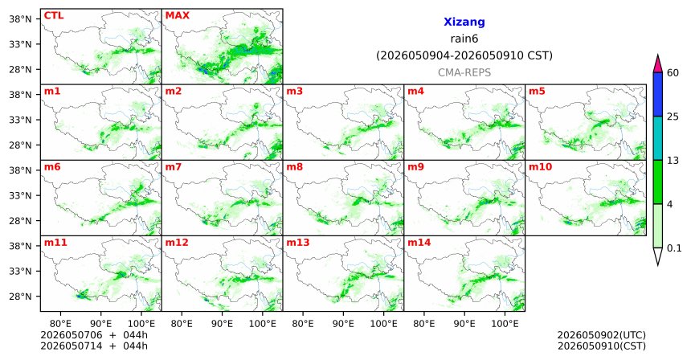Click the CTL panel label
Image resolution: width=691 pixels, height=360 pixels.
pyautogui.click(x=54, y=15)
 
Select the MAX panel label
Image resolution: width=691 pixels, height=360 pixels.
pyautogui.click(x=177, y=15)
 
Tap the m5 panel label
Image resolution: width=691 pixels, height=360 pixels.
pyautogui.click(x=537, y=92)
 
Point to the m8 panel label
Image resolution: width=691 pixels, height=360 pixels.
pyautogui.click(x=295, y=167)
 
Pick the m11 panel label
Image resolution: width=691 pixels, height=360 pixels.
pyautogui.click(x=55, y=243)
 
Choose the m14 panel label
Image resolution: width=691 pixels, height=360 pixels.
pyautogui.click(x=419, y=243)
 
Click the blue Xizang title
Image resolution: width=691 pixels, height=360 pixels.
pyautogui.click(x=464, y=22)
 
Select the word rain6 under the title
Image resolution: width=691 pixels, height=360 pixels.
pyautogui.click(x=464, y=39)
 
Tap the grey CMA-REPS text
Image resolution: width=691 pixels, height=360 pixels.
pyautogui.click(x=464, y=72)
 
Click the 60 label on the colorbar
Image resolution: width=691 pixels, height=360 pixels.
pyautogui.click(x=673, y=72)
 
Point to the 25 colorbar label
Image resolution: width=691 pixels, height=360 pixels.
pyautogui.click(x=673, y=117)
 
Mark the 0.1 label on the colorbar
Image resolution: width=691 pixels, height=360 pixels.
pyautogui.click(x=674, y=248)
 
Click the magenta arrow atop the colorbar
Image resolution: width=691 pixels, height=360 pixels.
pyautogui.click(x=657, y=64)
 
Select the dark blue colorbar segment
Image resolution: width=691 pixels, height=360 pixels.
pyautogui.click(x=657, y=94)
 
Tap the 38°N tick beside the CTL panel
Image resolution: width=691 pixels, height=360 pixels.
pyautogui.click(x=20, y=19)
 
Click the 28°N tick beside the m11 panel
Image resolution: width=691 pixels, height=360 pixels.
pyautogui.click(x=20, y=297)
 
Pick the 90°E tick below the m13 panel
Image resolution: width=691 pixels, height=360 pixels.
pyautogui.click(x=343, y=324)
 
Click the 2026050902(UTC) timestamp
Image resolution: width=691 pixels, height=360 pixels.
pyautogui.click(x=602, y=335)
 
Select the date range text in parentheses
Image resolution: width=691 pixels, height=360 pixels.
pyautogui.click(x=464, y=56)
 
